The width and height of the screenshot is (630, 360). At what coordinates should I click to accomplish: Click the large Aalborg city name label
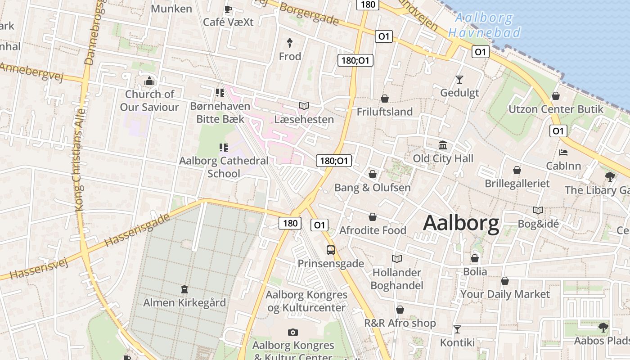coord(461,223)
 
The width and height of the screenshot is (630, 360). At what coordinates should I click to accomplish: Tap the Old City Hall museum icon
coord(443,145)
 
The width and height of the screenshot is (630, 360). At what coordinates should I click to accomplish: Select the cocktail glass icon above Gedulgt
coord(459,80)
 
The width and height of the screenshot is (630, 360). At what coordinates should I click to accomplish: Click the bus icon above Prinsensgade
coord(331,250)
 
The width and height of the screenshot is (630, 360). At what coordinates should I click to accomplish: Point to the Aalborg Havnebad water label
coord(484,25)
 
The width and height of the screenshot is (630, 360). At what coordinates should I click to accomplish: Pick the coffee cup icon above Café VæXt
coord(228,9)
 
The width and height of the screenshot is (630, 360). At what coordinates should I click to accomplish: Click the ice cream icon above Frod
coord(290,43)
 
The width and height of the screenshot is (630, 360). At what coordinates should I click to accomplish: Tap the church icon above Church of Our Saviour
coord(149,81)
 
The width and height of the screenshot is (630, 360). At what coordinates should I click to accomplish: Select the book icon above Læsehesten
coord(304,106)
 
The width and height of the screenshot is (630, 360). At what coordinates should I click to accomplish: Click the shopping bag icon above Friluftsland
coord(385,99)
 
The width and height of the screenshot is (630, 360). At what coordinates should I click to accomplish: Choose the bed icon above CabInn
coord(563,153)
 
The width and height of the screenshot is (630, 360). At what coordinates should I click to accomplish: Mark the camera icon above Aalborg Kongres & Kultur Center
coord(293,333)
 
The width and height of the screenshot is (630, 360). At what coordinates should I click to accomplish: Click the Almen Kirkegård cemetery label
coord(184,302)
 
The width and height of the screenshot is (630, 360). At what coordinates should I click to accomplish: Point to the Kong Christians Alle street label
coord(80,160)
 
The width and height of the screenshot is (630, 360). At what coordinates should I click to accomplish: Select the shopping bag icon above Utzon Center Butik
coord(556,96)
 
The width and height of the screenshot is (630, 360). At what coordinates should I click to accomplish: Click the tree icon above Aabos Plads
coord(603,328)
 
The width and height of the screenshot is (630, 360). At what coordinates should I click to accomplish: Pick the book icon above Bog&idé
coord(538,210)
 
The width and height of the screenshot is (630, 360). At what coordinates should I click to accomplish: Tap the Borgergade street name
coord(309,13)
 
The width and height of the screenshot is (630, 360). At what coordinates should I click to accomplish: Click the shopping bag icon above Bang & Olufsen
coord(373,174)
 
